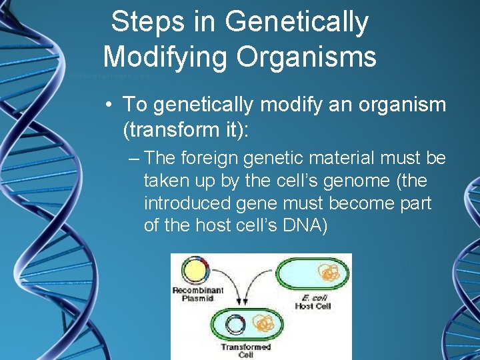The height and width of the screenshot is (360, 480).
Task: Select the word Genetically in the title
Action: point(297,23)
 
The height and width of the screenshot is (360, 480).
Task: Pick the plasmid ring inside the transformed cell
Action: point(235,325)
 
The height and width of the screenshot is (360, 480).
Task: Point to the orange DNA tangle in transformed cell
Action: point(265,324)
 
